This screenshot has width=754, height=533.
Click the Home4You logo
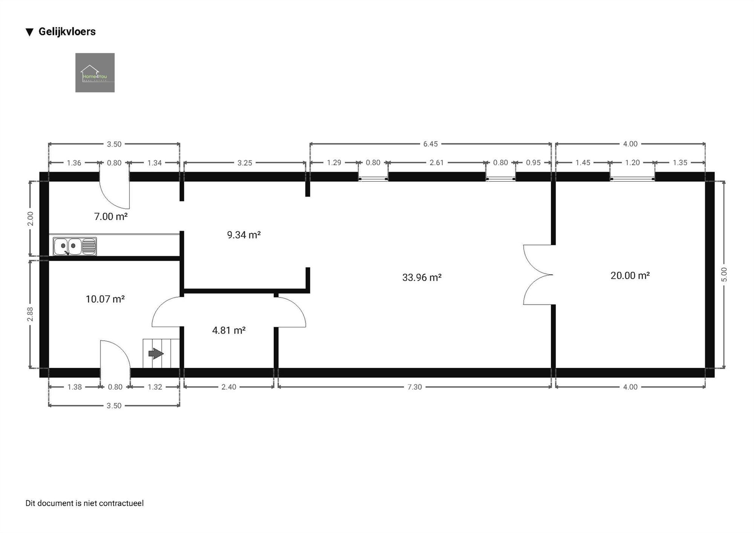pyautogui.click(x=95, y=72)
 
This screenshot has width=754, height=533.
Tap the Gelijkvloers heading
pyautogui.click(x=67, y=32)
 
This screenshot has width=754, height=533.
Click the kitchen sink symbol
pyautogui.click(x=75, y=246)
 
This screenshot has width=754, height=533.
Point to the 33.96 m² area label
pyautogui.click(x=421, y=278)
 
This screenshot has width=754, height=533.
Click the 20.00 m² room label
pyautogui.click(x=630, y=276)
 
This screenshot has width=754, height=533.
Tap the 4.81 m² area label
pyautogui.click(x=229, y=330)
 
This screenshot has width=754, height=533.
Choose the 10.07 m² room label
pyautogui.click(x=105, y=299)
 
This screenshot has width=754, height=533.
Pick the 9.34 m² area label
pyautogui.click(x=244, y=235)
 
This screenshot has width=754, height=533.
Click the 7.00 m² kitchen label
pyautogui.click(x=110, y=217)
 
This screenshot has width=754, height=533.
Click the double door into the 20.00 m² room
pyautogui.click(x=538, y=275)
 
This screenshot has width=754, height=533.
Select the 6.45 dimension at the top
pyautogui.click(x=430, y=144)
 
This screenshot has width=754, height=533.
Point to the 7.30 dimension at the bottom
pyautogui.click(x=414, y=387)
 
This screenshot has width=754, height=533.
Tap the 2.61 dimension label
pyautogui.click(x=437, y=163)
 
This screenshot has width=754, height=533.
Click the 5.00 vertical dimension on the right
pyautogui.click(x=724, y=274)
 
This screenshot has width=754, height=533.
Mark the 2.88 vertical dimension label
pyautogui.click(x=30, y=314)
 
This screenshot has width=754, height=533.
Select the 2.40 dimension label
pyautogui.click(x=228, y=387)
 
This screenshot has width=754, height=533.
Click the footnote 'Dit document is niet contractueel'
pyautogui.click(x=84, y=503)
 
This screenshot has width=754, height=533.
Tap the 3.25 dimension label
pyautogui.click(x=244, y=163)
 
